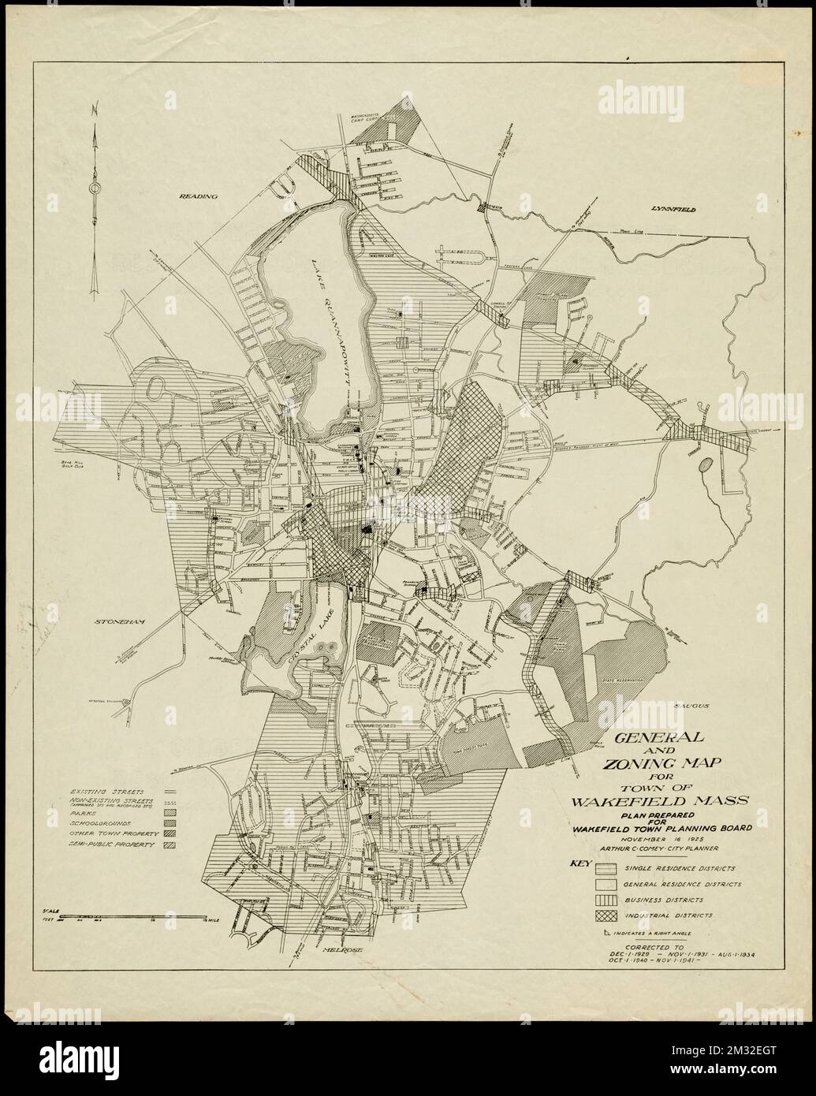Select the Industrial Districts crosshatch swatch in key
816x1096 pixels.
point(605,915)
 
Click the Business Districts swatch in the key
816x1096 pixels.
point(605,900)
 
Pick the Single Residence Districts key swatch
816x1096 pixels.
point(605,868)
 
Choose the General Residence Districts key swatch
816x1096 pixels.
point(605,884)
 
